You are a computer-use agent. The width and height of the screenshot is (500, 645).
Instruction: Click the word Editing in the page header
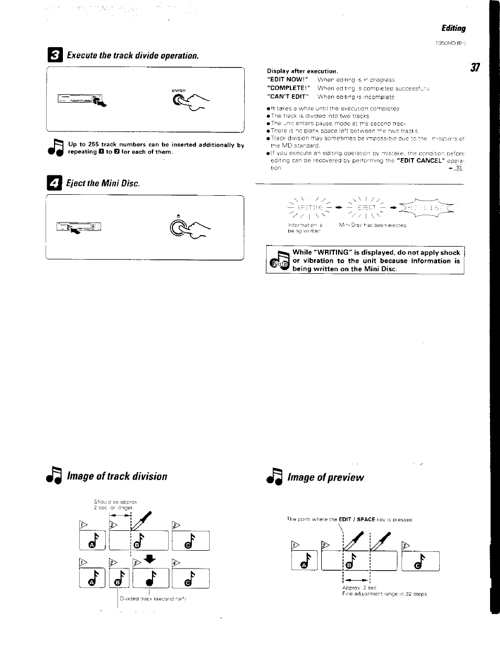[453, 28]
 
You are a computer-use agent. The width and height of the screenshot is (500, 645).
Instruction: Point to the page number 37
[475, 68]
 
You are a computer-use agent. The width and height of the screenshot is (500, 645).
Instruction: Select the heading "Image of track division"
[117, 476]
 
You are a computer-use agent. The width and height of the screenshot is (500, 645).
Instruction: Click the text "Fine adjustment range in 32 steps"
[384, 594]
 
